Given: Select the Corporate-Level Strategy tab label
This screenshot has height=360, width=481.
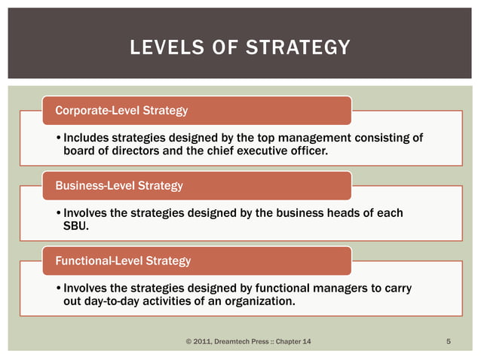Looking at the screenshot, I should pyautogui.click(x=122, y=111).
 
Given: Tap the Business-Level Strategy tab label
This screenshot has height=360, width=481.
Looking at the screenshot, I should pyautogui.click(x=119, y=185).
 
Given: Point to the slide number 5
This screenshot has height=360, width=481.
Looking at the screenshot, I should pyautogui.click(x=449, y=343).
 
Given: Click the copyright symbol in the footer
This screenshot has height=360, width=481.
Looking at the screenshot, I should pyautogui.click(x=188, y=343).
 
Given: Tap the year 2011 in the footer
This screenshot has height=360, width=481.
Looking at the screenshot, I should pyautogui.click(x=204, y=343).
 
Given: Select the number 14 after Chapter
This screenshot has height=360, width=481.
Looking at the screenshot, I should pyautogui.click(x=305, y=343).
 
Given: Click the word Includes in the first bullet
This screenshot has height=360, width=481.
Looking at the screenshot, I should pyautogui.click(x=86, y=138).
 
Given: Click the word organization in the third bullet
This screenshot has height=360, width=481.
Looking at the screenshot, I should pyautogui.click(x=258, y=302).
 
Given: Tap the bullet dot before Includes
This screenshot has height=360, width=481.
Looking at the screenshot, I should pyautogui.click(x=59, y=139).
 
